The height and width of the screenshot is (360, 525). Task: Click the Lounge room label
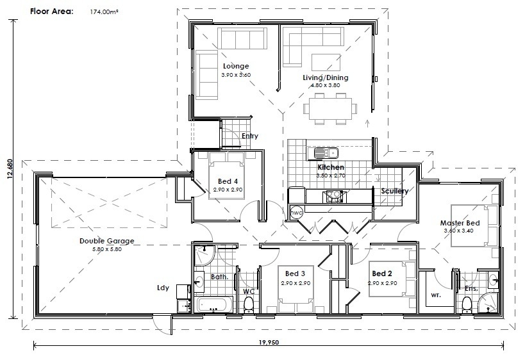(x=236, y=66)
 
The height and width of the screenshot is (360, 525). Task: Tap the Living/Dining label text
(x=325, y=78)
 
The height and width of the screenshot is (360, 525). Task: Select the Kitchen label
(x=331, y=167)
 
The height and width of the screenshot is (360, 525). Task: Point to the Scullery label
(x=394, y=191)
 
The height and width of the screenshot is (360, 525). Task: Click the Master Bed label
(x=460, y=223)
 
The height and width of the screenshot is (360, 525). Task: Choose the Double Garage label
(x=106, y=241)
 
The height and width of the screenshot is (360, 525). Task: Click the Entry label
(x=250, y=136)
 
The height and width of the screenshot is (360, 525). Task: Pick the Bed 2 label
(x=382, y=274)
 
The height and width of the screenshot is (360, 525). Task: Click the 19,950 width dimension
(x=270, y=343)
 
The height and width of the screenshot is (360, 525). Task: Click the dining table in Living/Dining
(x=331, y=106)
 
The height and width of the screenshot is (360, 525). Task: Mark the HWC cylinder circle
(x=296, y=212)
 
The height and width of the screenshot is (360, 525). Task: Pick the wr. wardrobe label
(x=435, y=296)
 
